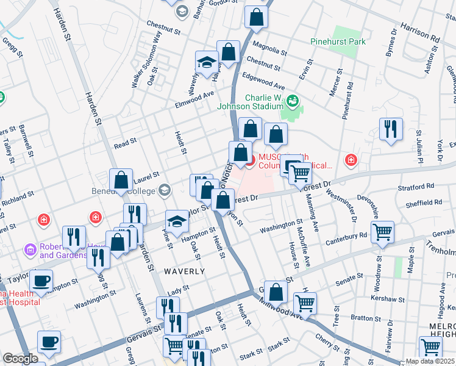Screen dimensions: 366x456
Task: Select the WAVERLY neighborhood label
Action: (183, 270)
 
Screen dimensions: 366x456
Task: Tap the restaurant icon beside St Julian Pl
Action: (391, 129)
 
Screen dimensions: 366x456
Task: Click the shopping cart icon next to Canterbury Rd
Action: (382, 232)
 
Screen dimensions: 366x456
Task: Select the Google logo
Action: (21, 358)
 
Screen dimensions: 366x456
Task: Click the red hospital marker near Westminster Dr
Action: (351, 160)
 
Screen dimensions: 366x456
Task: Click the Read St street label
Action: (125, 144)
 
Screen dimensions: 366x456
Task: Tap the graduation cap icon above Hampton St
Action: (177, 221)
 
